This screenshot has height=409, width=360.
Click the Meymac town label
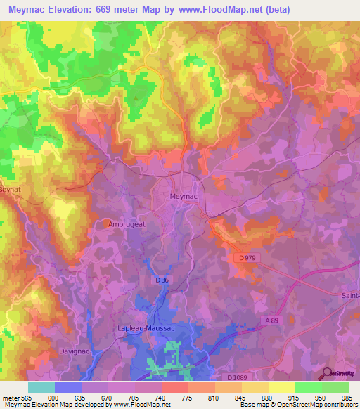(x=186, y=197)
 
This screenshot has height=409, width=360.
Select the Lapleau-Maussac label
(x=146, y=328)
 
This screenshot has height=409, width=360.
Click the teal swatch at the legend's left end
(x=41, y=387)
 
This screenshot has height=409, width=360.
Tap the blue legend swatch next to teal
(x=68, y=387)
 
